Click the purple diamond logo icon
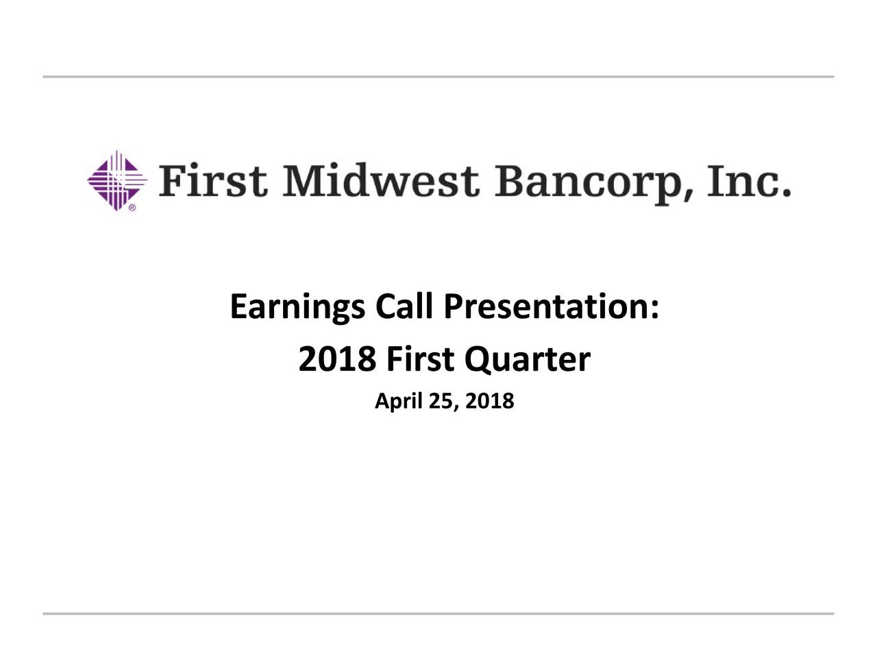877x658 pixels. (x=116, y=180)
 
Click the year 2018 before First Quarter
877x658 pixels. (x=336, y=360)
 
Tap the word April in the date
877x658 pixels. (x=398, y=402)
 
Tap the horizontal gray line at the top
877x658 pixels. (x=438, y=77)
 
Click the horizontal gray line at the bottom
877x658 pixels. (x=438, y=613)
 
